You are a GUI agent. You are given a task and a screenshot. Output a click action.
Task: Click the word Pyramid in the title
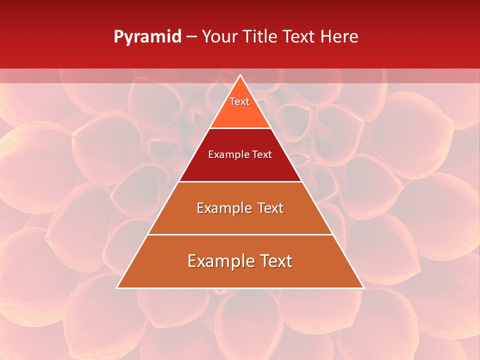tap(147, 37)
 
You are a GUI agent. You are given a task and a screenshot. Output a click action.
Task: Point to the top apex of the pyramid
tap(240, 75)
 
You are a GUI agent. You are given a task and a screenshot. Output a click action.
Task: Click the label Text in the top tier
tap(239, 101)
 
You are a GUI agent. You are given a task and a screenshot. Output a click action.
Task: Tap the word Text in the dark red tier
tap(262, 154)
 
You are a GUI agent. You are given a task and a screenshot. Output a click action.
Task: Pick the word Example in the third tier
tap(219, 208)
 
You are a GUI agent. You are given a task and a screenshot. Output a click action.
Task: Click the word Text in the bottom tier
tap(274, 261)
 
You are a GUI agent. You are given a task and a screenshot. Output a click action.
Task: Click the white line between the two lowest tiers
tap(240, 234)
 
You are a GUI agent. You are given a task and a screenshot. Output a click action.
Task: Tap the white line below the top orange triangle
tap(240, 128)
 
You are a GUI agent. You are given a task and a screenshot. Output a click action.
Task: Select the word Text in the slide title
tap(299, 37)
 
